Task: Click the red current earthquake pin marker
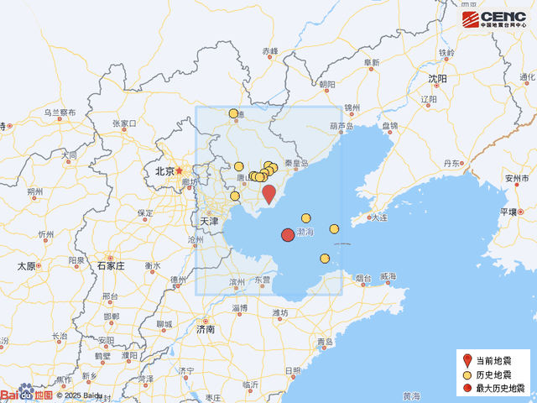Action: coord(268,194)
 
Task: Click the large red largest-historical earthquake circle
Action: coord(287,235)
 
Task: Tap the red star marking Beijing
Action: coord(179,170)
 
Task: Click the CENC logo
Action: coord(494,19)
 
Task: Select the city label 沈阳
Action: coord(437,79)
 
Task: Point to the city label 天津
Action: coord(209,222)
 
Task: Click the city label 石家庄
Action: coord(110,265)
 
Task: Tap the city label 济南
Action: coord(205,329)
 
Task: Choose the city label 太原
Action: coord(27,266)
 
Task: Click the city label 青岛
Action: coord(326,342)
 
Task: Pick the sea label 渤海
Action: coord(305,231)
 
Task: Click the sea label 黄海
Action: coord(411,396)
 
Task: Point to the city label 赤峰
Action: coord(269,51)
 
